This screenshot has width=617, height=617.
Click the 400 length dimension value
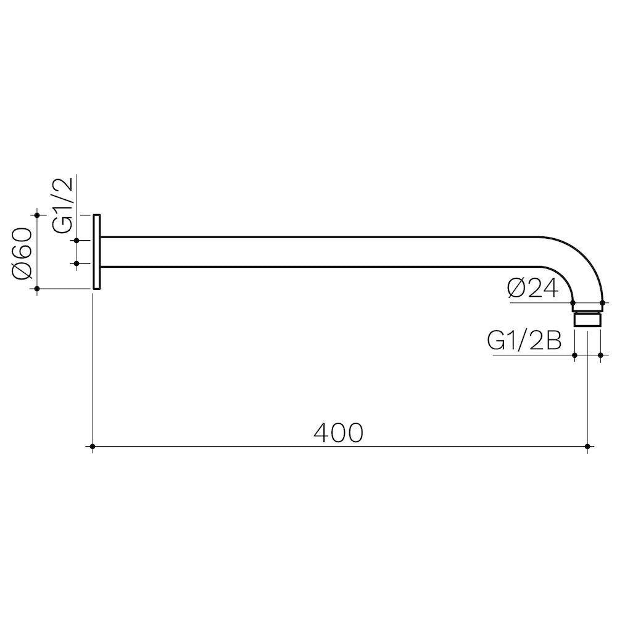[x=338, y=433]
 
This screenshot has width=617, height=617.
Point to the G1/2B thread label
[x=524, y=341]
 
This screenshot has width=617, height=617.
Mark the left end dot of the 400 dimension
[x=93, y=446]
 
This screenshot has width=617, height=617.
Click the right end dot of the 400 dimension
[x=587, y=446]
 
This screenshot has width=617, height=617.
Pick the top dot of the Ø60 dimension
[x=38, y=215]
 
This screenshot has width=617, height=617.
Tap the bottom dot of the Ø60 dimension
[x=38, y=288]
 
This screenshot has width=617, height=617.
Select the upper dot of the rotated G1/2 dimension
[x=77, y=240]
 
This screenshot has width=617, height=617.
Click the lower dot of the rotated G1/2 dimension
[x=77, y=263]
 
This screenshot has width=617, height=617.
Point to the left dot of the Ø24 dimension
[x=573, y=302]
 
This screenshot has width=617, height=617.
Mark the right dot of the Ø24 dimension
[x=601, y=302]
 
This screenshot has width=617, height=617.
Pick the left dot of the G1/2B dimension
[x=574, y=355]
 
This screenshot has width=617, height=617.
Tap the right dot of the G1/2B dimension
[x=600, y=355]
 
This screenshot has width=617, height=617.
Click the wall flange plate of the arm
[x=97, y=252]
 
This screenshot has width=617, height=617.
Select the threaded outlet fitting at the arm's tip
[x=587, y=319]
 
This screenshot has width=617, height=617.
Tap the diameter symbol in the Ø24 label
[x=516, y=289]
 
